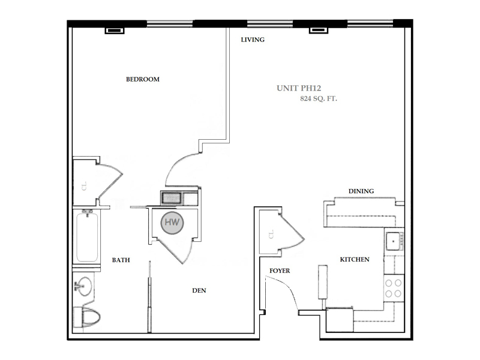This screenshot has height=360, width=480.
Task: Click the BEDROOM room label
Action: (x=143, y=79)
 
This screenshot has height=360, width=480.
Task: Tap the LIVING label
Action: (x=253, y=40)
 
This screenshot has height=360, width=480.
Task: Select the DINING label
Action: (x=361, y=191)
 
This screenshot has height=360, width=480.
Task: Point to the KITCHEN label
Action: (x=355, y=259)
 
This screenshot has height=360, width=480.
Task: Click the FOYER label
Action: (x=280, y=271)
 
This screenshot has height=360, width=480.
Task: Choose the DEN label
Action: (x=199, y=290)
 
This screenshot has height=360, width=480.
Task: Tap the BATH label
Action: (x=121, y=260)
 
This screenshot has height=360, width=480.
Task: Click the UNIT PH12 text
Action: (x=299, y=88)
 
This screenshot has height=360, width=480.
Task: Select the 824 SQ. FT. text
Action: (x=319, y=98)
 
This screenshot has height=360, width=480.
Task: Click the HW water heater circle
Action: (x=172, y=223)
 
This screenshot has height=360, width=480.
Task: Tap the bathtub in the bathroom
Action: (x=87, y=236)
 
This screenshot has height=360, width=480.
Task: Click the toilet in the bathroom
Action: (x=86, y=317)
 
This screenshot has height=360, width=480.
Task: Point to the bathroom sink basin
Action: (x=83, y=287)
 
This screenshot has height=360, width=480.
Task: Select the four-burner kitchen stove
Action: (x=394, y=288)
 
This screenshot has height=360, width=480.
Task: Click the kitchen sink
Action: (x=394, y=241)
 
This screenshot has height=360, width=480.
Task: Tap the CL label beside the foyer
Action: (x=271, y=234)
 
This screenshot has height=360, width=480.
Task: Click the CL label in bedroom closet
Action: (x=84, y=186)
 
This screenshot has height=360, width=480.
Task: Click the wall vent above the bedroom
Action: (x=115, y=31)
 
